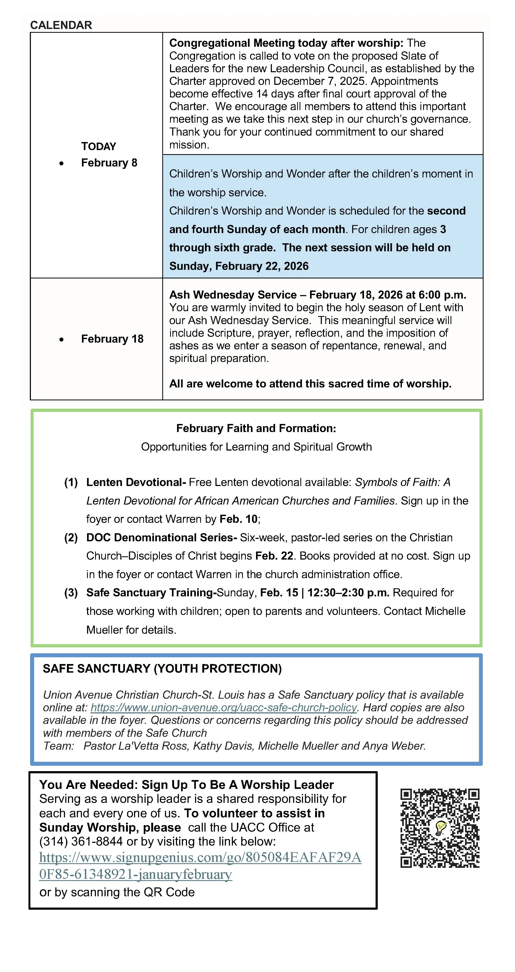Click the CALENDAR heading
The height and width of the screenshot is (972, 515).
pyautogui.click(x=61, y=25)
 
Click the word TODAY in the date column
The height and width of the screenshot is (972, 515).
pyautogui.click(x=99, y=146)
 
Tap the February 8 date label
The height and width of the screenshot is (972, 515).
pyautogui.click(x=109, y=163)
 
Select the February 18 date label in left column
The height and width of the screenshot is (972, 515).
pyautogui.click(x=112, y=339)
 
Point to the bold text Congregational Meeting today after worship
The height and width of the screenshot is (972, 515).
pyautogui.click(x=286, y=43)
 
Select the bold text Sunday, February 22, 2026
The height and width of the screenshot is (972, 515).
pyautogui.click(x=239, y=266)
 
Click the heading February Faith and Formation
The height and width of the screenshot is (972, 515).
pyautogui.click(x=256, y=428)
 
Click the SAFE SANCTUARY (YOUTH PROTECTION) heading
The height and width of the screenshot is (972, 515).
pyautogui.click(x=162, y=669)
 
